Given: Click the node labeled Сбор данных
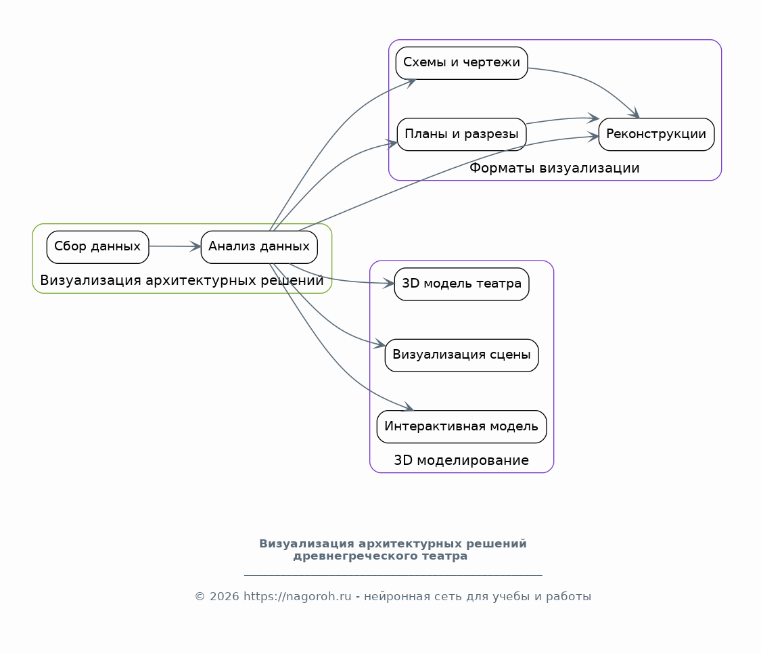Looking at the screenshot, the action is (97, 247).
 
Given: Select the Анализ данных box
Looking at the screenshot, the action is (259, 247).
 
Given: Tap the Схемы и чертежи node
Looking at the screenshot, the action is (461, 63).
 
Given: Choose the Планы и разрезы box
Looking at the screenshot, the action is (461, 135).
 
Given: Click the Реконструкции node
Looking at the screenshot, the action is (656, 135).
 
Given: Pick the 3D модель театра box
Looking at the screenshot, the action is (461, 284).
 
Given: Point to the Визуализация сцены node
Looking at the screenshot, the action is (461, 355).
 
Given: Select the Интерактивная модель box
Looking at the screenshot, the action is (461, 427).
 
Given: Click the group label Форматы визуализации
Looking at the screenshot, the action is (554, 168).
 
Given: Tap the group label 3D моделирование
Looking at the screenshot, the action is (461, 460).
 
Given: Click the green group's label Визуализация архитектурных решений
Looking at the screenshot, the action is (182, 281).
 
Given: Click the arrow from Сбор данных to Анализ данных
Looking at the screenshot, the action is (175, 246).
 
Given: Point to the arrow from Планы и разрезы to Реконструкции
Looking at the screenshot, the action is (563, 119).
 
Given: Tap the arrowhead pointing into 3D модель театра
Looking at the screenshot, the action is (388, 283).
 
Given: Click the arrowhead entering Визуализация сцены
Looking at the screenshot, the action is (379, 344).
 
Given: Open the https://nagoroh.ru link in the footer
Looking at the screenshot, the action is (297, 597).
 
